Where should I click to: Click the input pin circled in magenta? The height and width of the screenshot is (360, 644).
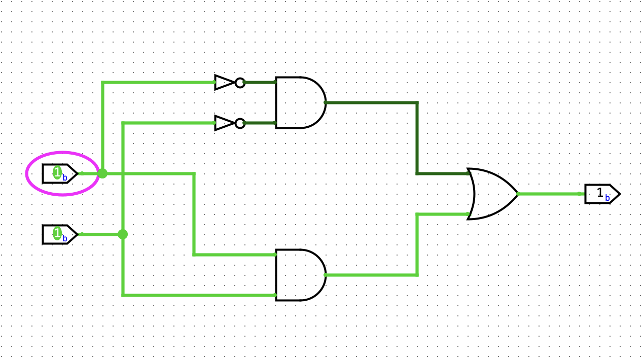click(x=59, y=173)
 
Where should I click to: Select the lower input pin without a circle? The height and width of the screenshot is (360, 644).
click(x=59, y=234)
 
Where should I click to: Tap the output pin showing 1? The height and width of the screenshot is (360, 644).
click(x=601, y=194)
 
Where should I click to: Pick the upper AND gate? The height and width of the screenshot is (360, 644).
click(x=299, y=102)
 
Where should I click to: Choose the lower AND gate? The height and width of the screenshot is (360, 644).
click(x=299, y=275)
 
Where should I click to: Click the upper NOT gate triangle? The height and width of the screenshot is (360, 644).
click(x=224, y=82)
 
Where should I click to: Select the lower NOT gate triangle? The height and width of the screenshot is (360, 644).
click(x=224, y=123)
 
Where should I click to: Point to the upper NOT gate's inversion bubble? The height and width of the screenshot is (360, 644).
click(x=240, y=82)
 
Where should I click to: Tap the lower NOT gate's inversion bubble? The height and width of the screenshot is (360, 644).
click(x=240, y=123)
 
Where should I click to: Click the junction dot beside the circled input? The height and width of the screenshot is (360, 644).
click(x=102, y=173)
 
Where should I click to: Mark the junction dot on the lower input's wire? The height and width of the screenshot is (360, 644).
click(x=123, y=234)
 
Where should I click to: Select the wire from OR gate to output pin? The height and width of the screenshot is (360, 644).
click(x=550, y=194)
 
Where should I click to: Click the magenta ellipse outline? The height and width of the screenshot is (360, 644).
click(x=61, y=153)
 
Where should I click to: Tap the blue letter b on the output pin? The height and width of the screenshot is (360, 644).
click(x=607, y=198)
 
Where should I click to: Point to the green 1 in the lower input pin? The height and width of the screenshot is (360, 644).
click(x=57, y=234)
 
